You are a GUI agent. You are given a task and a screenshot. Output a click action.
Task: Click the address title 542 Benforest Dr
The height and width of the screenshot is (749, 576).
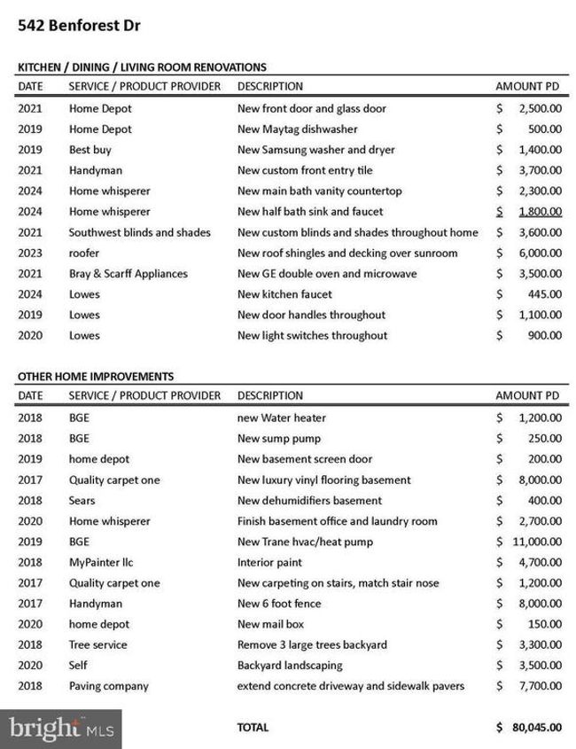click(x=79, y=25)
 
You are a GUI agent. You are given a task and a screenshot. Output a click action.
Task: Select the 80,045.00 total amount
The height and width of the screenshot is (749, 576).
click(x=537, y=728)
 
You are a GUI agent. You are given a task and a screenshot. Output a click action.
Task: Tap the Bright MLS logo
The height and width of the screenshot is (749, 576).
click(x=61, y=729)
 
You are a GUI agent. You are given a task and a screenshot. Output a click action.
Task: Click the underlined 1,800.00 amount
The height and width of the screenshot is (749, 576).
click(x=539, y=212)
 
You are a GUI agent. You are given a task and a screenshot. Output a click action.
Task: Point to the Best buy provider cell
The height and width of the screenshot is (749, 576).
click(x=90, y=150)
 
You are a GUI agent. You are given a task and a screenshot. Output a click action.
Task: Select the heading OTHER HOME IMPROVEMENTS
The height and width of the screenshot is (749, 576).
click(x=96, y=377)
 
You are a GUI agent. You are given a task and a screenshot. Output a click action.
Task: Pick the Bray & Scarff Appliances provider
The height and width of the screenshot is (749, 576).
click(x=128, y=274)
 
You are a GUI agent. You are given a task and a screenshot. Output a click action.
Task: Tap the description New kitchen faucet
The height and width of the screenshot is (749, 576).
click(x=285, y=294)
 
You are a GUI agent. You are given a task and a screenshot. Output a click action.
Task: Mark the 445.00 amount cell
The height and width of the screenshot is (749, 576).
click(x=544, y=294)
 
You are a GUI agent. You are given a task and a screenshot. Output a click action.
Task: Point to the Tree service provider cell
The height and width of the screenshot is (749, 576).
click(x=97, y=644)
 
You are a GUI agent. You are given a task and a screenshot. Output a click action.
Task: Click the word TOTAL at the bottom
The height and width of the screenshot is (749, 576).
click(x=253, y=728)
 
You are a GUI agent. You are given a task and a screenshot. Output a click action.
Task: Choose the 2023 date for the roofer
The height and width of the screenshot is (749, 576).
click(x=29, y=253)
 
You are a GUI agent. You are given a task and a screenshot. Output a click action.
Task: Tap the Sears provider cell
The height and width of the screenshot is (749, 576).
click(x=83, y=501)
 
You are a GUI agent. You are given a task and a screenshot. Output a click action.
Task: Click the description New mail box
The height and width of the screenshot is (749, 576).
click(x=272, y=624)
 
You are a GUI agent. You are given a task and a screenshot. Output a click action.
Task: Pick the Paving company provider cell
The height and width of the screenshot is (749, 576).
click(x=109, y=686)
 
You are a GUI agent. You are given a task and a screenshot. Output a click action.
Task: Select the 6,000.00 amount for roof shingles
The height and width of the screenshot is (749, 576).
click(x=539, y=253)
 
